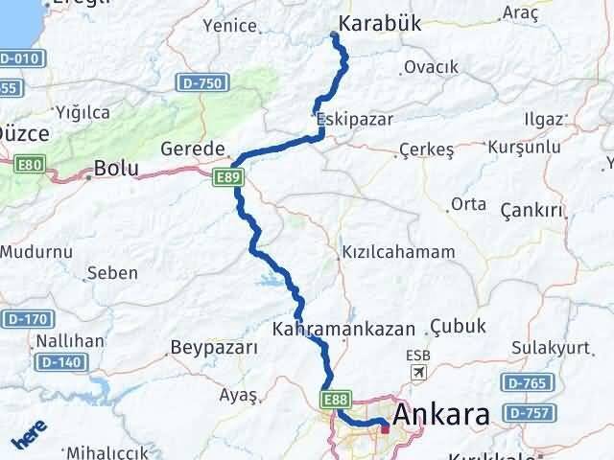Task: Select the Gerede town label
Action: click(192, 149)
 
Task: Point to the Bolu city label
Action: click(115, 170)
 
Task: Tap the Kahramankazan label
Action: click(343, 328)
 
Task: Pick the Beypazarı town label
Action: click(214, 347)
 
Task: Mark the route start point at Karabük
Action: click(334, 36)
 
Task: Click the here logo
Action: click(27, 439)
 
